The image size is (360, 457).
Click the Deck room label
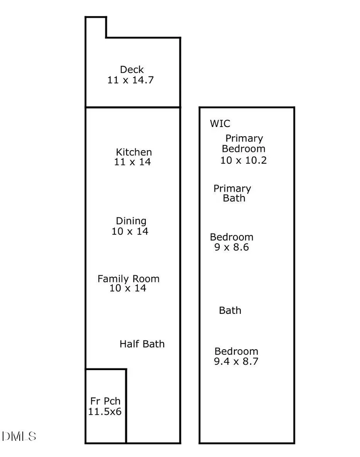coord(132,70)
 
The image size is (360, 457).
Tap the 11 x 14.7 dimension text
coord(130,80)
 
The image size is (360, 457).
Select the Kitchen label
coord(134,152)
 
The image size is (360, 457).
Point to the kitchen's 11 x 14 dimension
coord(132,162)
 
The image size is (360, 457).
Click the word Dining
coord(131,221)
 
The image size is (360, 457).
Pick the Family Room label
coord(128,279)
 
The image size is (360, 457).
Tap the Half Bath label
coord(142,344)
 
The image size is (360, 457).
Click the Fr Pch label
coord(105,401)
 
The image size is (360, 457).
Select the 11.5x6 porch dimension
coord(105,412)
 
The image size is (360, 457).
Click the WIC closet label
coord(220,124)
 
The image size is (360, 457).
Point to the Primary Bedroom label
coord(244,144)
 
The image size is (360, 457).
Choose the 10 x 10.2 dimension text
coord(243,160)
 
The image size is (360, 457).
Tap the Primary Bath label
coord(232,193)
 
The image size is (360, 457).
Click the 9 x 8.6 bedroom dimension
coord(232,247)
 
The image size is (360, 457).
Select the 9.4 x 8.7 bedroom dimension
coord(236,361)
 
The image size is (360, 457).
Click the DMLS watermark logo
coord(19,436)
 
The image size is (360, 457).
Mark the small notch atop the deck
coord(96,27)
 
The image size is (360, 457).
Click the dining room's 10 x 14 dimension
coord(130,231)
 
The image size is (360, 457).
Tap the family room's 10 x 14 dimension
coord(127,288)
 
